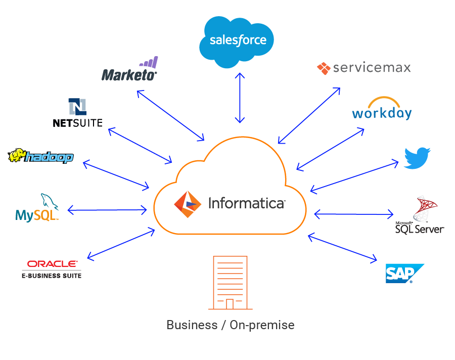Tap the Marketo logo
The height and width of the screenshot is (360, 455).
129,71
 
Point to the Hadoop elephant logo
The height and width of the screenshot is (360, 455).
41,156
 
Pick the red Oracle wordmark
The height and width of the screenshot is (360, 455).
52,263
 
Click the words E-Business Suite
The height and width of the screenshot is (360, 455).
52,276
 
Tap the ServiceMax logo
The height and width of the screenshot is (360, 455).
363,68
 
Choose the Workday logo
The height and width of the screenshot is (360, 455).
382,109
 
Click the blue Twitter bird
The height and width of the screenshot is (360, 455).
417,157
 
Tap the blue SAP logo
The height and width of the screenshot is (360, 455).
403,273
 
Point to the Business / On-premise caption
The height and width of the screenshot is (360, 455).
230,325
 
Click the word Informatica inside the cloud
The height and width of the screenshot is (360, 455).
246,203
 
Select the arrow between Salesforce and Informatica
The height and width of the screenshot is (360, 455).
240,98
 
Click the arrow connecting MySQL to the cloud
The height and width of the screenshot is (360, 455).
107,209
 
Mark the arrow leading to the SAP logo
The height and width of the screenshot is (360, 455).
342,248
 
